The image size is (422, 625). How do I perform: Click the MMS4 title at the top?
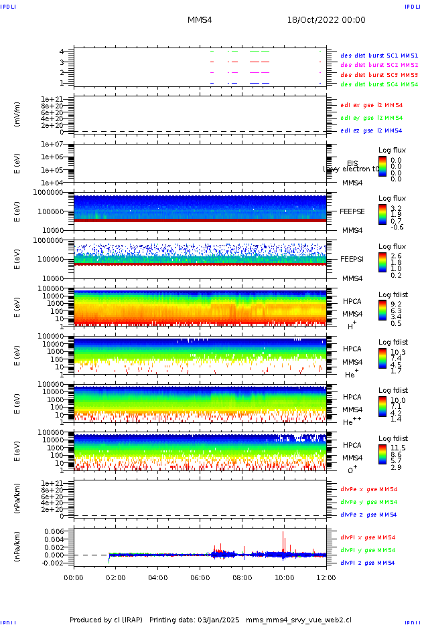(200, 20)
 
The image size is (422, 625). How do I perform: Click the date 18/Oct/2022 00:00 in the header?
(327, 20)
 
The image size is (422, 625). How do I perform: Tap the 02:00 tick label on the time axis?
(116, 577)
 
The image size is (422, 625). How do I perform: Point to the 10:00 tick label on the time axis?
(284, 577)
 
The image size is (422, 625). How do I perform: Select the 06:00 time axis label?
(200, 577)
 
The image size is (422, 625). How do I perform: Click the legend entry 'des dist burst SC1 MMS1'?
(378, 56)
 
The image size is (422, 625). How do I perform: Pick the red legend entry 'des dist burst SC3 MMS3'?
(378, 74)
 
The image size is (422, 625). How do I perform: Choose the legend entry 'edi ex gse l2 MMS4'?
(371, 105)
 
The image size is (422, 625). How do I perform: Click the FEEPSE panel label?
(352, 211)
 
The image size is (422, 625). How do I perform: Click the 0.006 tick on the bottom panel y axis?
(54, 531)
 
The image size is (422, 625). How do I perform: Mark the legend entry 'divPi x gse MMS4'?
(368, 537)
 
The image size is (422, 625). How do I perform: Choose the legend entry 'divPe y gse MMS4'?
(368, 502)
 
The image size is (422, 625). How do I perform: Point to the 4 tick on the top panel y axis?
(62, 52)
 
